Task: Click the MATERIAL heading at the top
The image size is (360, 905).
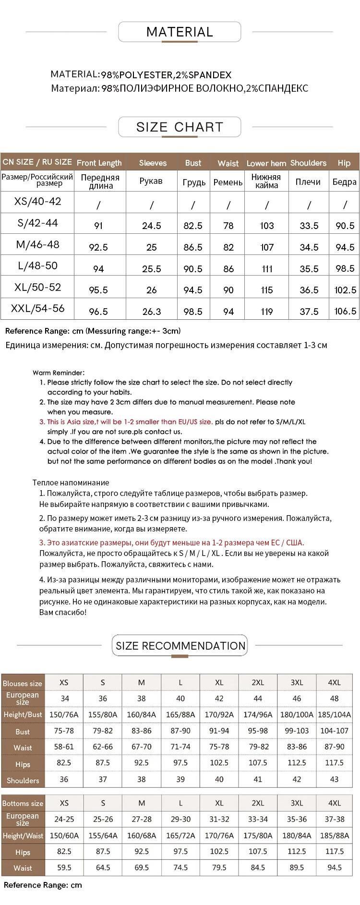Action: click(x=180, y=32)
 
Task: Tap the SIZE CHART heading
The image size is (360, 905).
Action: click(x=180, y=127)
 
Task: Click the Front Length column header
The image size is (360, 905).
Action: click(x=99, y=163)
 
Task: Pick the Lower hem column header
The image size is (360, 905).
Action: click(x=266, y=163)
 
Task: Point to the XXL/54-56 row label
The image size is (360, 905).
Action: click(x=38, y=308)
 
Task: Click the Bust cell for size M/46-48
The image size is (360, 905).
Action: click(x=193, y=247)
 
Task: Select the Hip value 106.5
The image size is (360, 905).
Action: click(x=345, y=311)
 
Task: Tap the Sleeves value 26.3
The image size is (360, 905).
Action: click(x=152, y=312)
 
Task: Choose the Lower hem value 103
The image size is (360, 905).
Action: click(x=267, y=226)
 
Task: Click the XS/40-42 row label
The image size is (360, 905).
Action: click(x=38, y=201)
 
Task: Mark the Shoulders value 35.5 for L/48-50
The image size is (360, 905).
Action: click(x=309, y=269)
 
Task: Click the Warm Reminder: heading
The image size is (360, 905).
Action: click(x=59, y=373)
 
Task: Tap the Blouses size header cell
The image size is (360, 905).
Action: click(x=23, y=683)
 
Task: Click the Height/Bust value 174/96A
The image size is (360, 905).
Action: click(x=258, y=714)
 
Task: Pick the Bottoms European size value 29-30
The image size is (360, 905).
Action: click(x=180, y=820)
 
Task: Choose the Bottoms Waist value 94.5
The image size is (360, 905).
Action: click(x=335, y=868)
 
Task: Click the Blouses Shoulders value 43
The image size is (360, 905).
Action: click(x=335, y=779)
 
